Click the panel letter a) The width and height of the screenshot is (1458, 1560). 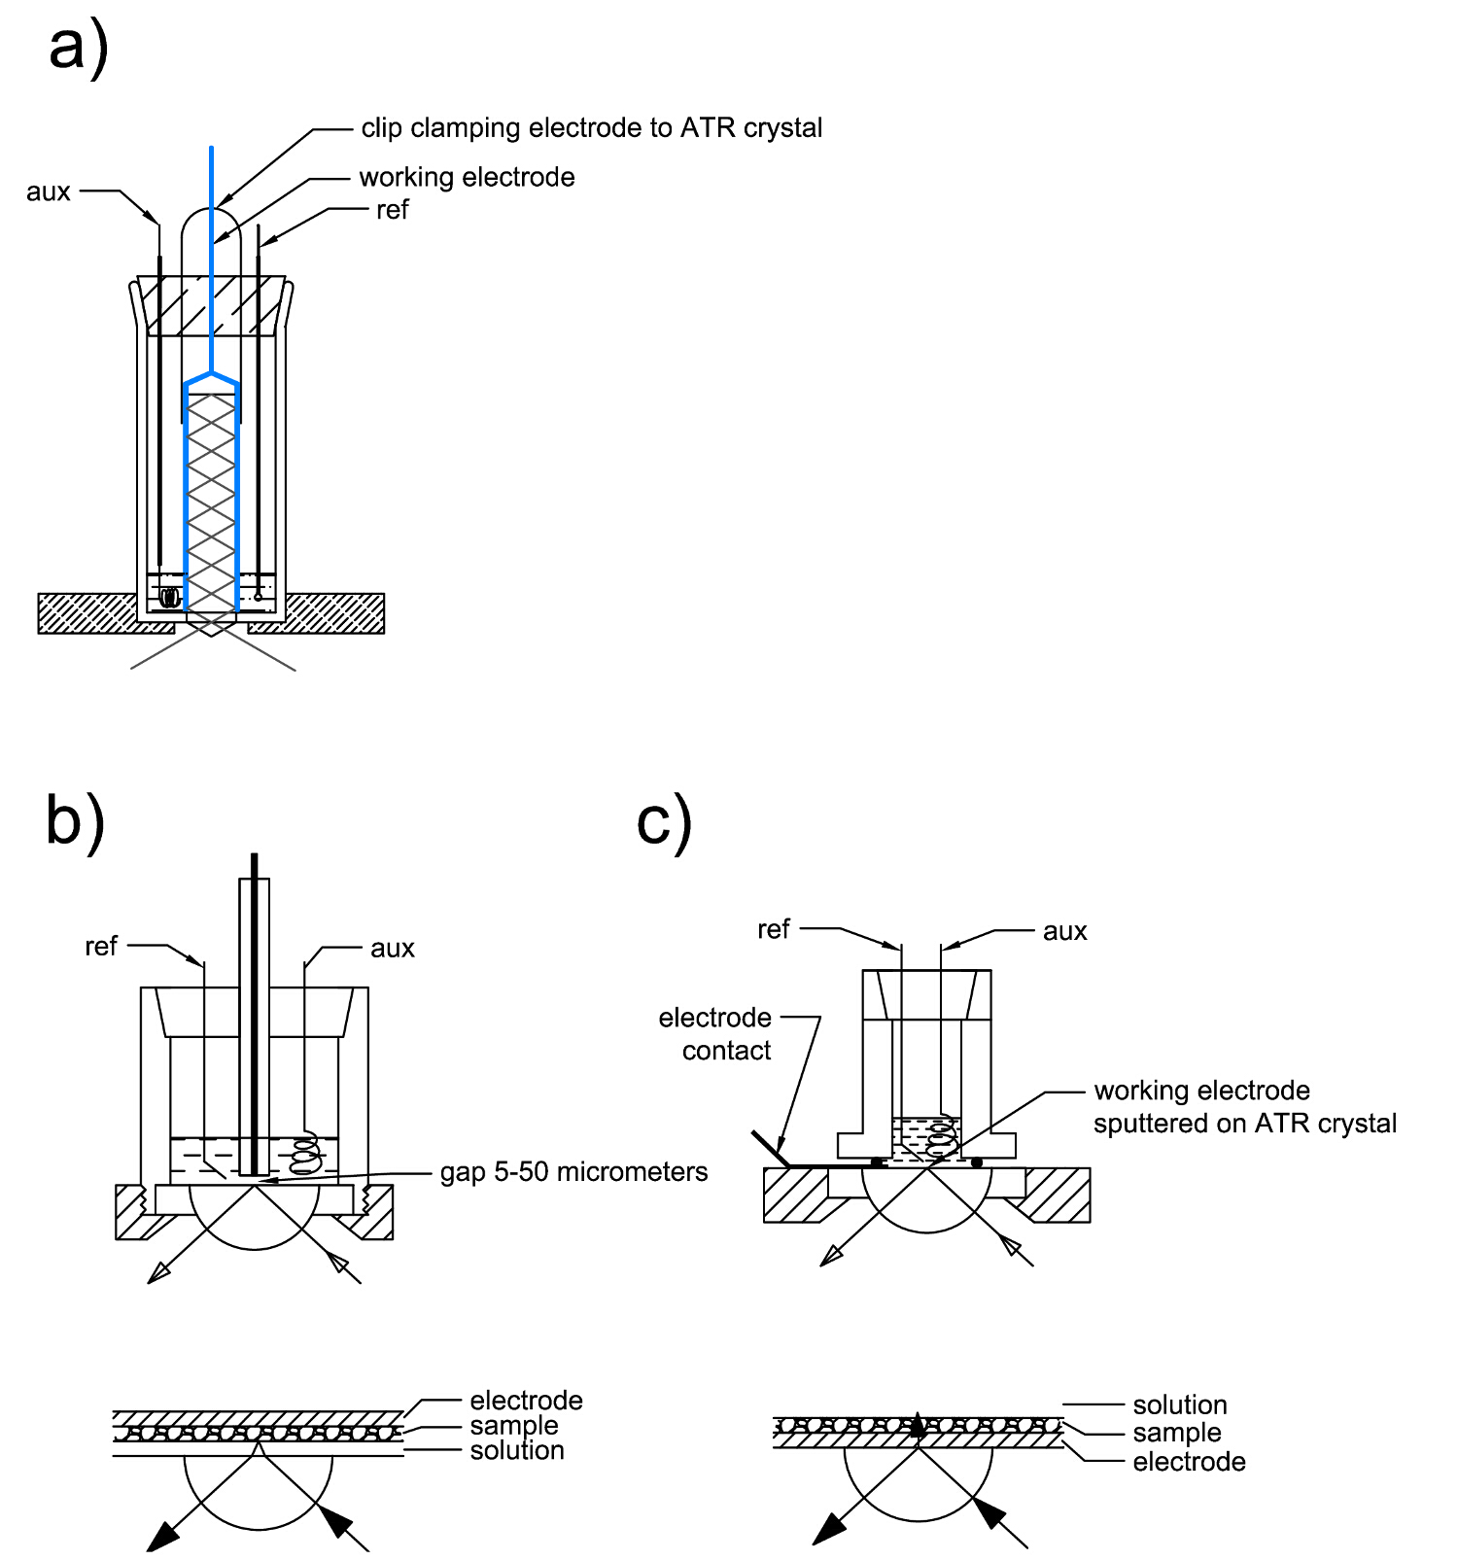78,49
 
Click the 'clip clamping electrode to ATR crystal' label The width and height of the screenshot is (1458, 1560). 591,128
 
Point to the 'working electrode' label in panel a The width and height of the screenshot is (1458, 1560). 467,178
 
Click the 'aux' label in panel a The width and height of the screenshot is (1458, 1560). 49,191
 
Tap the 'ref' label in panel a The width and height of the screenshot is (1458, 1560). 393,210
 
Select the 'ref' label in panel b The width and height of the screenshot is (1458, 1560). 101,947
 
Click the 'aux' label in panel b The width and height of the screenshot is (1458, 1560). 393,949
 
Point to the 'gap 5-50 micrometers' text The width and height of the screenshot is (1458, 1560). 573,1172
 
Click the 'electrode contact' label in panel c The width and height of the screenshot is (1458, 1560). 716,1034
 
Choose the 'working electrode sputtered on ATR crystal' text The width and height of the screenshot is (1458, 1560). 1244,1107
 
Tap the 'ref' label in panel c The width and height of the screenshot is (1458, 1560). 774,930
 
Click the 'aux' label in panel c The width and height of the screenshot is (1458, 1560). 1064,932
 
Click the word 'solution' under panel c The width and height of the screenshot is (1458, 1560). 1180,1405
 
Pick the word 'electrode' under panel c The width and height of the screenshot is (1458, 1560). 1189,1462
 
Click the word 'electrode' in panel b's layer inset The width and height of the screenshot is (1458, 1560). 526,1401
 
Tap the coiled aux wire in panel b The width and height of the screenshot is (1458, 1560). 306,1150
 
